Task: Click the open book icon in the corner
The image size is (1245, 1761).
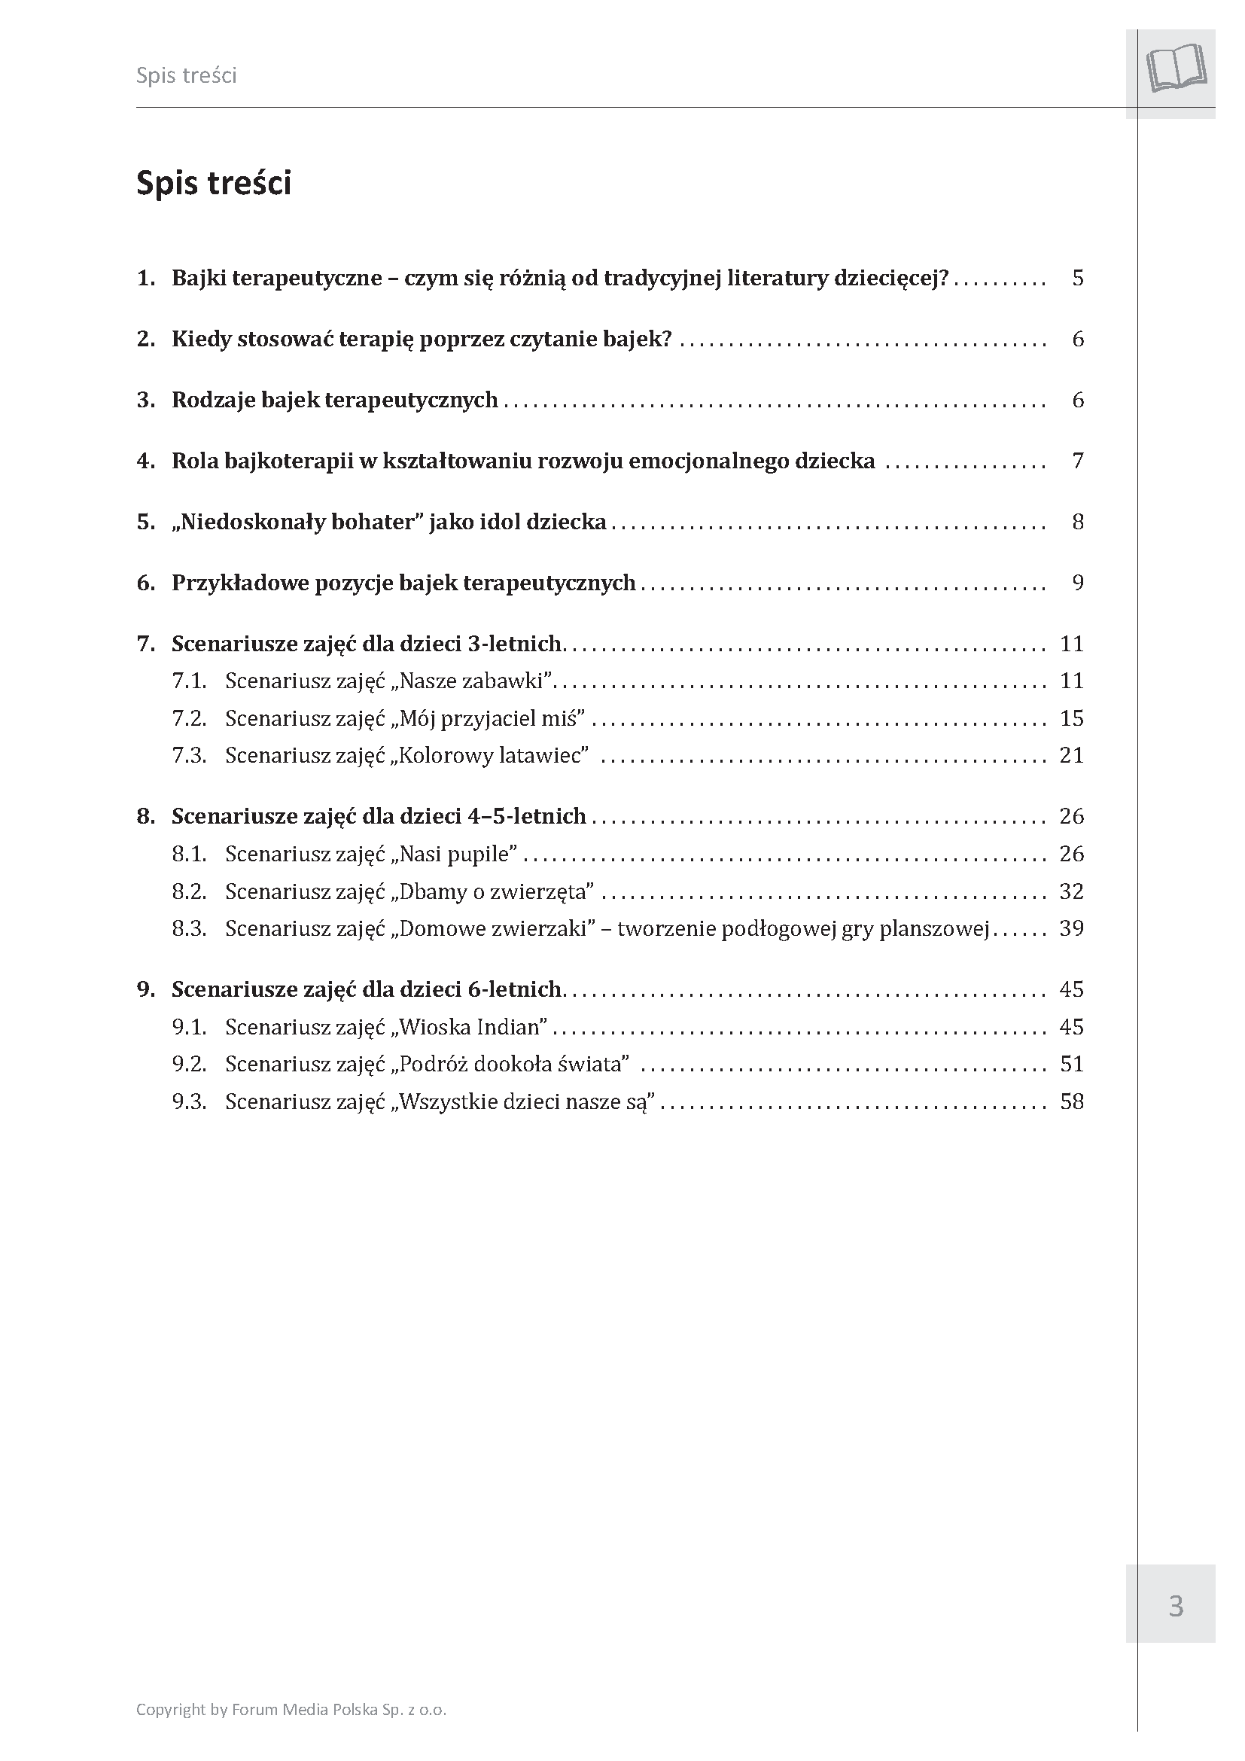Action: click(x=1176, y=69)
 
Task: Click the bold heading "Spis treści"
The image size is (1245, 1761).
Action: click(x=213, y=184)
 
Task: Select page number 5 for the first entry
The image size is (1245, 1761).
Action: click(x=1078, y=278)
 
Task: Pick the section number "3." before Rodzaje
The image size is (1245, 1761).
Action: click(x=146, y=401)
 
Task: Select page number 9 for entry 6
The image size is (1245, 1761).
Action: click(x=1078, y=583)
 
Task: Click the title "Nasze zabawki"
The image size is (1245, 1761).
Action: click(x=476, y=681)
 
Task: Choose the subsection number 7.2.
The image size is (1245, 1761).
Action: click(x=190, y=719)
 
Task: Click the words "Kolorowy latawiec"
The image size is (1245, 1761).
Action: click(x=494, y=755)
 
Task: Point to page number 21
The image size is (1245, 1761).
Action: click(x=1071, y=755)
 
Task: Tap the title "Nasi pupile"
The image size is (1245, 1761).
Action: click(x=458, y=854)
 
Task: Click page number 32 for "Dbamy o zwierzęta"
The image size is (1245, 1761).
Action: click(x=1071, y=891)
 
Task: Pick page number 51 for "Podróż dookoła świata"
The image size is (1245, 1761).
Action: click(x=1071, y=1065)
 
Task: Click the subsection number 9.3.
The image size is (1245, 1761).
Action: click(x=190, y=1102)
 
